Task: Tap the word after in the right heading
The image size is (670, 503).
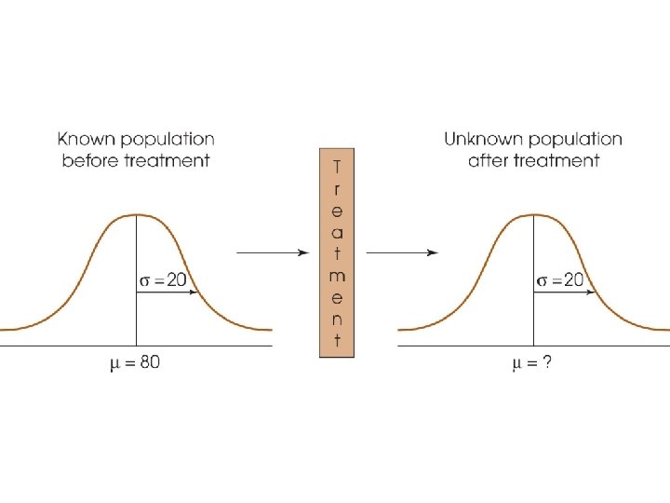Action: point(488,160)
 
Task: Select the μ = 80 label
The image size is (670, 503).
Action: point(134,362)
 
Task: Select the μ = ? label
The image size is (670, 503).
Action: point(532,362)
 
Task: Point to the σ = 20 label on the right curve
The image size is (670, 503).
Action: point(560,280)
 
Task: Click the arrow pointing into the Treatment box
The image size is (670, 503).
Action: point(272,251)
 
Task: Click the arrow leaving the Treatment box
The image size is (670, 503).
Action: point(402,251)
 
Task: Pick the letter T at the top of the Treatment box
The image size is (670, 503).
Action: point(336,166)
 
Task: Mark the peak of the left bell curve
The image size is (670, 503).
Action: point(137,215)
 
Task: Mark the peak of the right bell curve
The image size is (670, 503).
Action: point(534,215)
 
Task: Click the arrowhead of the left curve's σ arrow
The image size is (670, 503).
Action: point(194,292)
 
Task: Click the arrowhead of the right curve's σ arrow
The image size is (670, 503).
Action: point(592,292)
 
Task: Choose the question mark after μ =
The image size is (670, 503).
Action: point(548,362)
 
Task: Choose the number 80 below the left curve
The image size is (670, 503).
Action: point(149,362)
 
